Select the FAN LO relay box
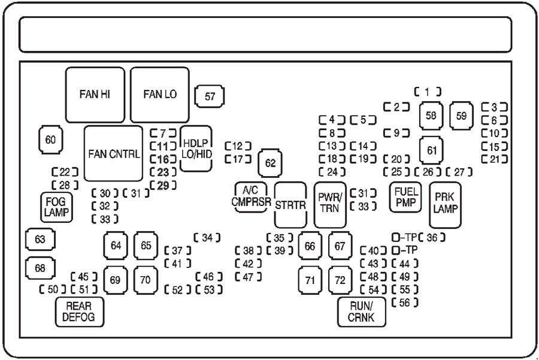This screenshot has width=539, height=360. coord(160,95)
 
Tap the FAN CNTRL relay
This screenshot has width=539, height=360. coord(113,153)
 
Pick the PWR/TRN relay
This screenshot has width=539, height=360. coord(330,204)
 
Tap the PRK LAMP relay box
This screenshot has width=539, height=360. coord(445,204)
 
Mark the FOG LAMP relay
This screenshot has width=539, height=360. coord(56,207)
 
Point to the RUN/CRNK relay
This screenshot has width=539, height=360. coord(361,311)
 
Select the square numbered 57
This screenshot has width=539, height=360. coord(210,96)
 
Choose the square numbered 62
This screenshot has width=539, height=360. coord(271,163)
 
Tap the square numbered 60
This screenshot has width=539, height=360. coord(50,140)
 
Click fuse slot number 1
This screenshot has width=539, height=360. coord(428,92)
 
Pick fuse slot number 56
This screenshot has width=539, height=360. coord(404,302)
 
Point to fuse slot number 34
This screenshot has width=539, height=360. coord(207,238)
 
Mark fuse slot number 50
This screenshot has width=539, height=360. coord(53,290)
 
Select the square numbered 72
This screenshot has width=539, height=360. coord(340,280)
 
